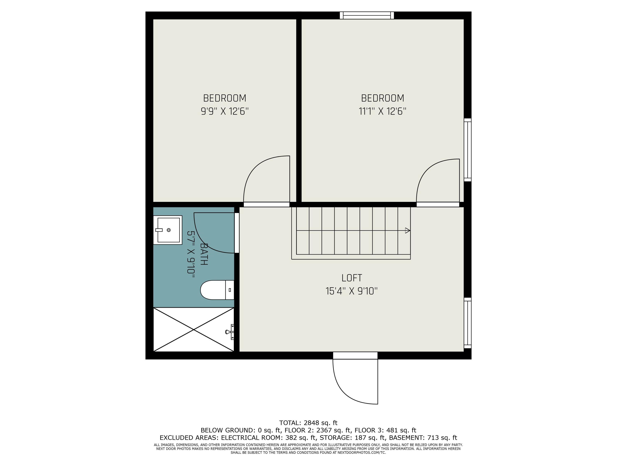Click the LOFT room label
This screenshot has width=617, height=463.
pos(352,278)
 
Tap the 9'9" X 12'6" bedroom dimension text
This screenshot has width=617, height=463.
pos(225,112)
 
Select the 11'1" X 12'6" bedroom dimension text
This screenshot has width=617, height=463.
pos(382,112)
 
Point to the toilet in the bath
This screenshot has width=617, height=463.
pos(217,290)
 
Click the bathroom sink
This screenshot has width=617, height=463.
pos(168,230)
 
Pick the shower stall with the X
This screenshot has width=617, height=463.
pos(194,330)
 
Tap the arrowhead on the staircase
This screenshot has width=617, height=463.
pos(407,230)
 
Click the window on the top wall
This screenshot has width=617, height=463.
pos(367,15)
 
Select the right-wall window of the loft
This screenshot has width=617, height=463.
pos(467,323)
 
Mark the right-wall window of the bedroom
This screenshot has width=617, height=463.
pos(467,150)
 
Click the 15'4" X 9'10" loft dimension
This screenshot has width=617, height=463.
pos(351,291)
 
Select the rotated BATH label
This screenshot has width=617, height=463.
pos(204,254)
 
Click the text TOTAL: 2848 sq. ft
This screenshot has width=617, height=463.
pos(308,423)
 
